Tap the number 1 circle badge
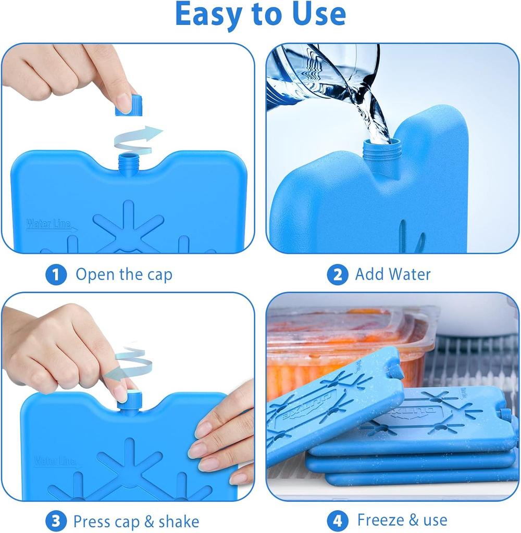click(x=56, y=274)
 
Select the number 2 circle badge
click(x=337, y=274)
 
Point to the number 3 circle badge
click(x=56, y=521)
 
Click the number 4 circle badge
click(x=337, y=521)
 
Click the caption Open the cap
click(x=123, y=274)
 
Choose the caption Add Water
click(x=393, y=274)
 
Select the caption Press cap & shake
click(x=136, y=521)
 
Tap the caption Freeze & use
click(x=402, y=520)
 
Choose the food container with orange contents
click(x=344, y=344)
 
